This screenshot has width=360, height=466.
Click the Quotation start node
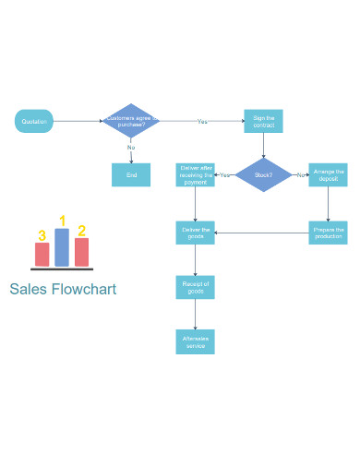click(x=35, y=121)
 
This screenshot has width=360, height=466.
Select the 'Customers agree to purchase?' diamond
click(x=131, y=121)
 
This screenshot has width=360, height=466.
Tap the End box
click(x=131, y=174)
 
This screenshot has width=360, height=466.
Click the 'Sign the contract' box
click(x=263, y=121)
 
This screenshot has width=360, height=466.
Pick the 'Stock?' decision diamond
click(x=263, y=174)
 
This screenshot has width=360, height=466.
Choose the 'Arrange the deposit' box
click(x=328, y=174)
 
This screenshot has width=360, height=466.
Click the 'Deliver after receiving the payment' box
click(x=196, y=174)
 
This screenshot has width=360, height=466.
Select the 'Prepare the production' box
click(x=328, y=233)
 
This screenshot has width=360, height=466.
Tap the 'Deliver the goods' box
click(x=196, y=233)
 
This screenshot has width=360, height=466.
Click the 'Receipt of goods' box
click(x=196, y=287)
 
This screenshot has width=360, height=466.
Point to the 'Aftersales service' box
click(x=196, y=341)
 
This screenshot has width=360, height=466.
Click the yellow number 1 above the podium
click(x=63, y=220)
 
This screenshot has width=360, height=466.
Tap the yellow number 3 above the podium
click(x=42, y=235)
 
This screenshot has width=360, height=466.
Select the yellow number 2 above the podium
click(x=82, y=231)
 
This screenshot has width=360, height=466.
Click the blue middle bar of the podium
click(x=62, y=247)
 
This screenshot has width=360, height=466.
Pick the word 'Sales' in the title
click(x=27, y=290)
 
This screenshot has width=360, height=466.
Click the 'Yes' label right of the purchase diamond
click(x=202, y=121)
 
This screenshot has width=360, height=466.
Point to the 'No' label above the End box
click(x=131, y=148)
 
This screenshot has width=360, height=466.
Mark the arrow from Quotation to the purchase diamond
click(x=78, y=121)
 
